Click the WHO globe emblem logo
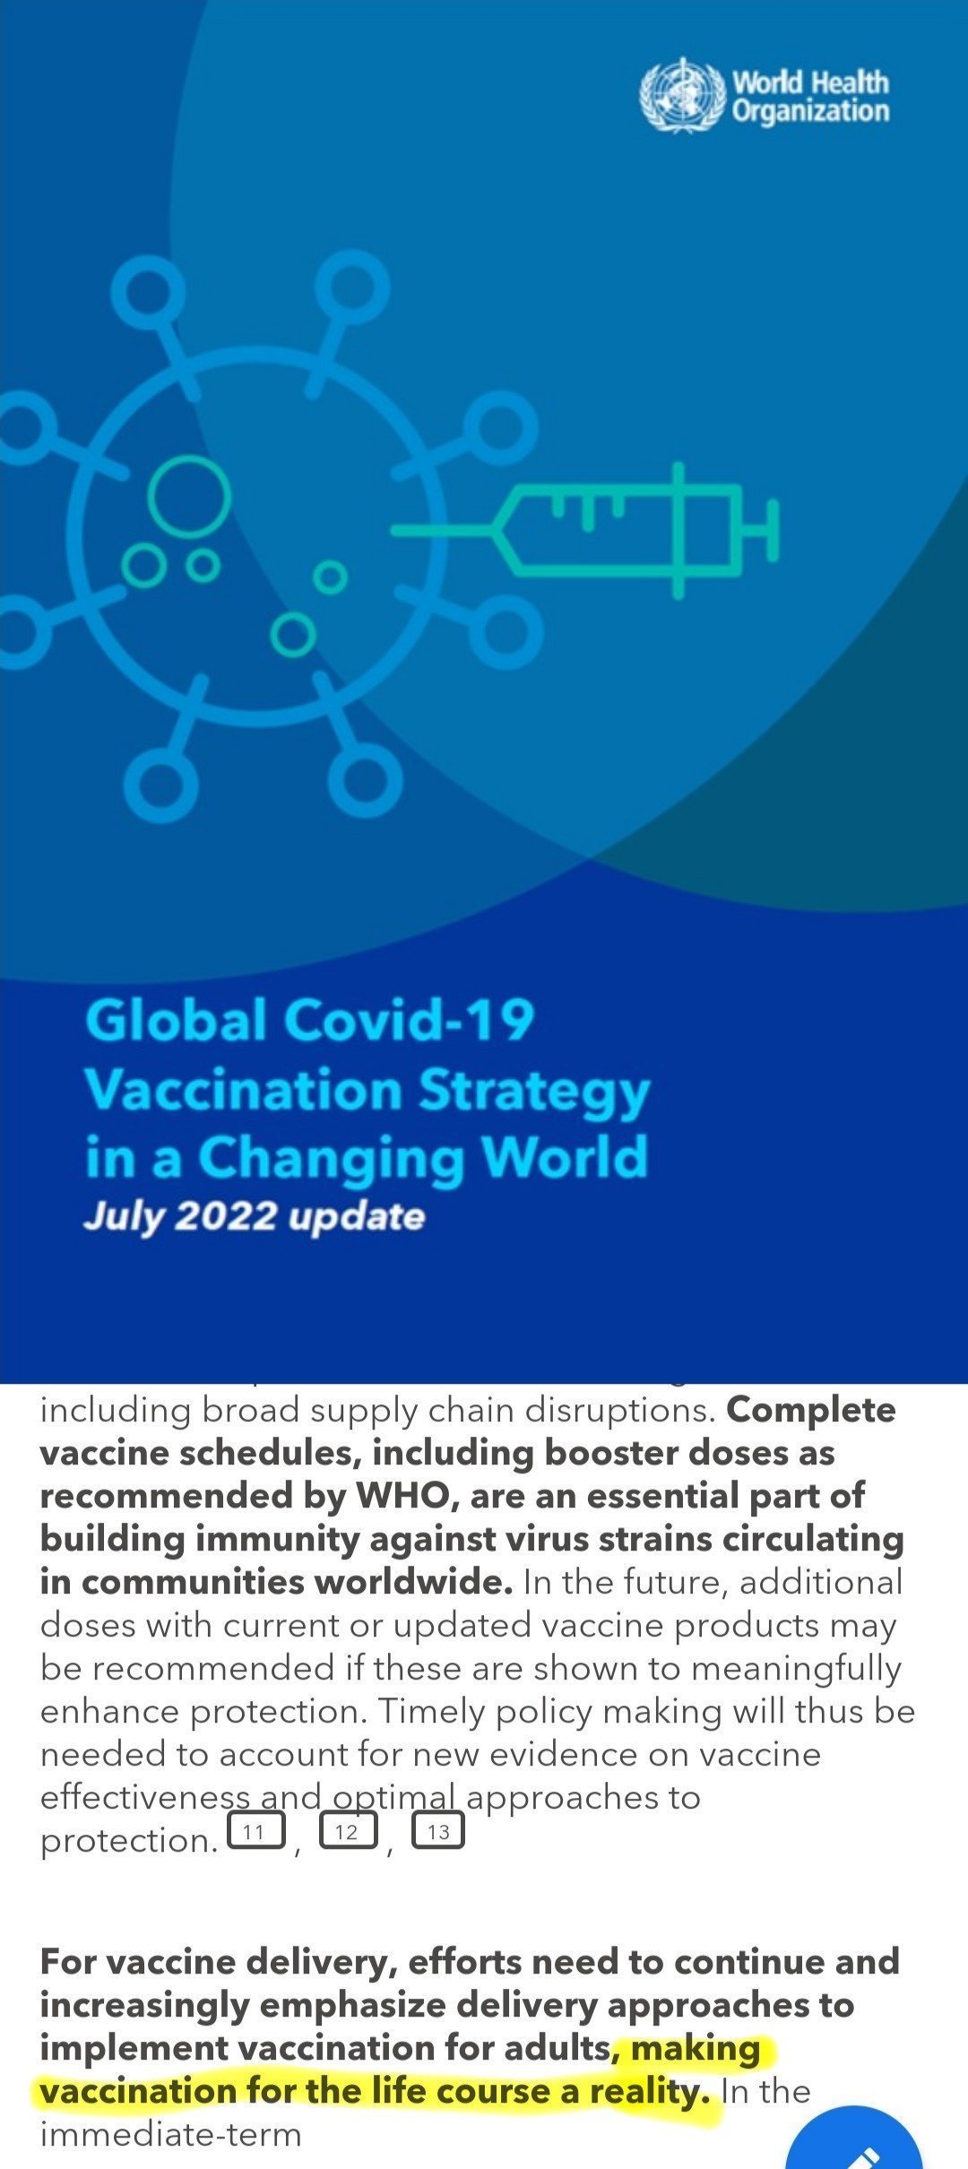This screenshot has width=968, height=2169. [x=681, y=95]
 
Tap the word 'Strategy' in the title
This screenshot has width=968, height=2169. [x=534, y=1093]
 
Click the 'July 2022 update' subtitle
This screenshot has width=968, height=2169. [x=254, y=1217]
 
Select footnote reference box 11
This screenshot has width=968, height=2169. [x=256, y=1831]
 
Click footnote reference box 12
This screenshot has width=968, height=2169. [x=349, y=1831]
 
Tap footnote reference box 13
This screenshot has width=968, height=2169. [x=438, y=1831]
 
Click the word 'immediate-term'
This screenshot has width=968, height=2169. [x=170, y=2134]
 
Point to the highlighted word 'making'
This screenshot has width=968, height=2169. [x=696, y=2049]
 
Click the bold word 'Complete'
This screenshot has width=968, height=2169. [x=811, y=1411]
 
